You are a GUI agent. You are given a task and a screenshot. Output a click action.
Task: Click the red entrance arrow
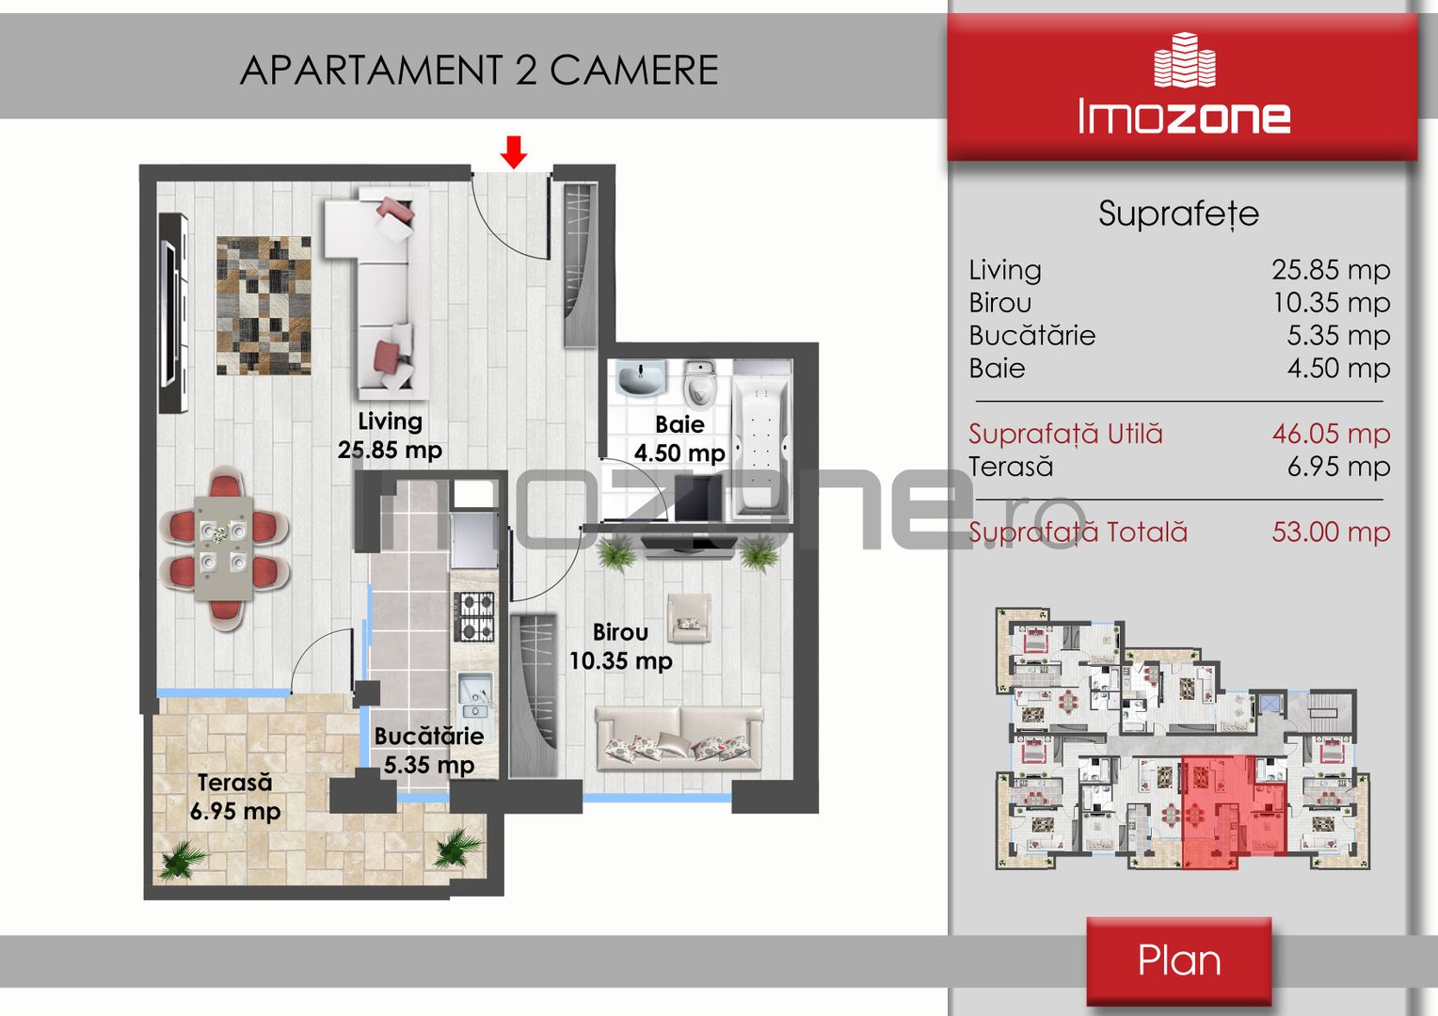click(514, 152)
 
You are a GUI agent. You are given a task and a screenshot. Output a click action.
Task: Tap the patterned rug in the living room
click(264, 306)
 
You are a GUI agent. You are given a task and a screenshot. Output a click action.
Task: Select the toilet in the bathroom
click(698, 384)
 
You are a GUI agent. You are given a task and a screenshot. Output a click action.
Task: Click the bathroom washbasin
click(641, 377)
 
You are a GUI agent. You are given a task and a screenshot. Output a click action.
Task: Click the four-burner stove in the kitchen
click(474, 617)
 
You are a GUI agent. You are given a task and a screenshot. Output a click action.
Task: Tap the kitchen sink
click(475, 694)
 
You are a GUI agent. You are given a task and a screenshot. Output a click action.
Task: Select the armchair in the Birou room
click(689, 617)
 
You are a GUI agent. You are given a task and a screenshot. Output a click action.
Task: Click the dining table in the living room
click(223, 548)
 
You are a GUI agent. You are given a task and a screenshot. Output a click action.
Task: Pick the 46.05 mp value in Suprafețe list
click(1331, 434)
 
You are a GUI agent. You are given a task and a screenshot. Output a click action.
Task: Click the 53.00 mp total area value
click(1331, 532)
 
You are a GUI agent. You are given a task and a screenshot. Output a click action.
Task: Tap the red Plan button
click(1178, 960)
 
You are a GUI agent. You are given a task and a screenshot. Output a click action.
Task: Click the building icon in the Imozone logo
click(1185, 59)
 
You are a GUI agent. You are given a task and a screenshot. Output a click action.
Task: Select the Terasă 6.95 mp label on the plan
click(235, 797)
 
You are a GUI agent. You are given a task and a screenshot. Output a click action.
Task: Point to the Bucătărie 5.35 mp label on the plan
click(429, 751)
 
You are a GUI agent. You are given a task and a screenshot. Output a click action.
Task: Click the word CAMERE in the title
click(633, 70)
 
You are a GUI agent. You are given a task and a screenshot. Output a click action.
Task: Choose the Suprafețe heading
click(1178, 214)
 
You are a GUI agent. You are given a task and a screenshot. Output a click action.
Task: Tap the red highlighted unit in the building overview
click(1234, 811)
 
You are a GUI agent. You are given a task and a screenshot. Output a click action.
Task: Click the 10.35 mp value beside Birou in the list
click(1332, 302)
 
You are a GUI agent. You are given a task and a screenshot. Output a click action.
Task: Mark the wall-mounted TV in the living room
click(173, 313)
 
